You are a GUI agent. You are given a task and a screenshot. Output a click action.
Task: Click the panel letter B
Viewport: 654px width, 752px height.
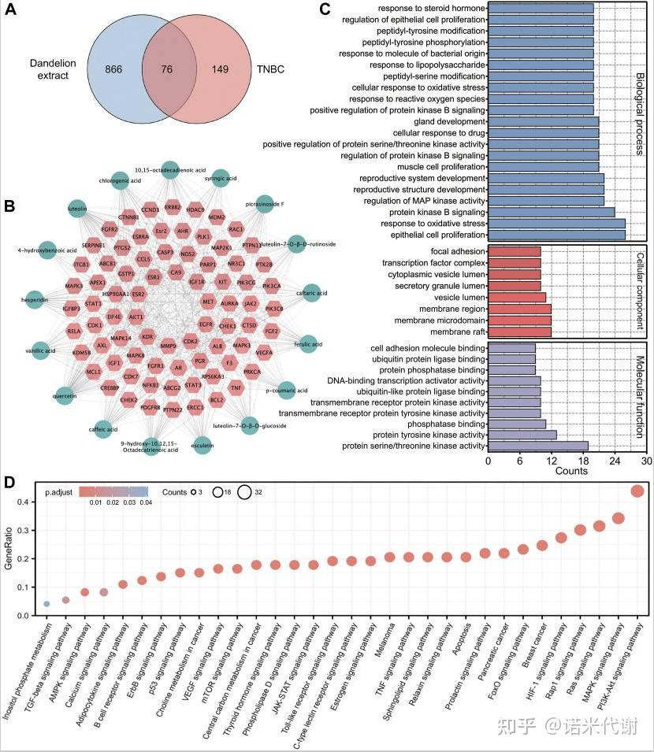pyautogui.click(x=9, y=207)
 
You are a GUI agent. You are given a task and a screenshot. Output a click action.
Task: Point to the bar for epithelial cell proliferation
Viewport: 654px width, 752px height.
pyautogui.click(x=556, y=235)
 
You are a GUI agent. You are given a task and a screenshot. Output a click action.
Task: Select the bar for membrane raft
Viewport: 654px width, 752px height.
pyautogui.click(x=519, y=332)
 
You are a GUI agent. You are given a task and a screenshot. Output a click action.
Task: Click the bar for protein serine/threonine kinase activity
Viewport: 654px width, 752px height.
pyautogui.click(x=538, y=446)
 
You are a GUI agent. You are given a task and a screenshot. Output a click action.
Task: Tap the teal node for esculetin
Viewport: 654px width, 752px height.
pyautogui.click(x=203, y=445)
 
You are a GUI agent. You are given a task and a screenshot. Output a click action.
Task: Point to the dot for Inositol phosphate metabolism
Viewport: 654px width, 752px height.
pyautogui.click(x=46, y=604)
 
